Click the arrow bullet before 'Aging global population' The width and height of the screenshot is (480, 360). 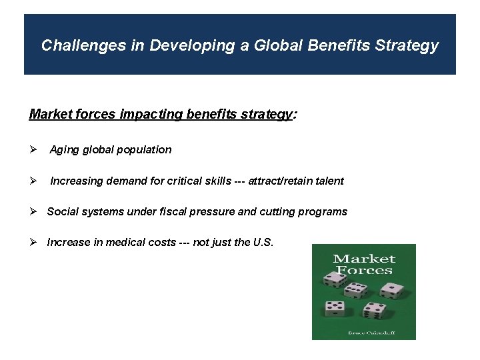click(x=33, y=149)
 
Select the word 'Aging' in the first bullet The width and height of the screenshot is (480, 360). click(x=64, y=149)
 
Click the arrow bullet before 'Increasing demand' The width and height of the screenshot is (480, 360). click(x=33, y=181)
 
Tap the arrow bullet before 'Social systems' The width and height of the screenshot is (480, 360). click(x=33, y=212)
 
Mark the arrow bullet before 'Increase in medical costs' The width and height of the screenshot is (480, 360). click(x=33, y=243)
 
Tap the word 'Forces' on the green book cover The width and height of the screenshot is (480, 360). click(x=364, y=270)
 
